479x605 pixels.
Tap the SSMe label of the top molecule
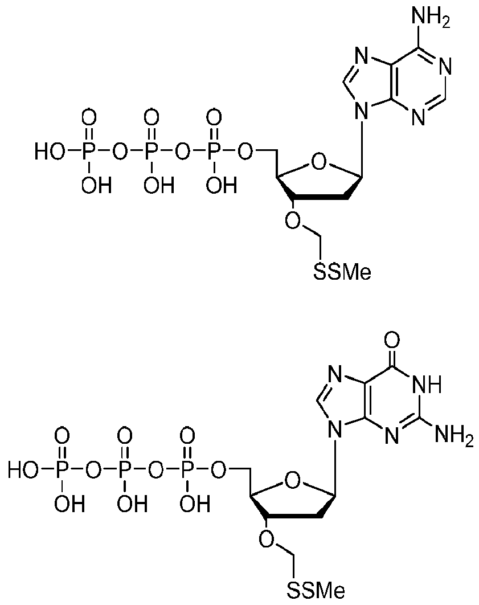click(342, 273)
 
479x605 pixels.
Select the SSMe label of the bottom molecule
click(316, 590)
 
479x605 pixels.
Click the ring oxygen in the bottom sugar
click(294, 482)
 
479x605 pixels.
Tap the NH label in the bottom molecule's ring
click(427, 385)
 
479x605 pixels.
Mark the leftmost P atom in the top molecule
click(88, 152)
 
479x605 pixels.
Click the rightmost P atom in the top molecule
click(214, 152)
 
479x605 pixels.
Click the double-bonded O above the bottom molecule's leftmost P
click(62, 437)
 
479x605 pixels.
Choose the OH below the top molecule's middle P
click(151, 186)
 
